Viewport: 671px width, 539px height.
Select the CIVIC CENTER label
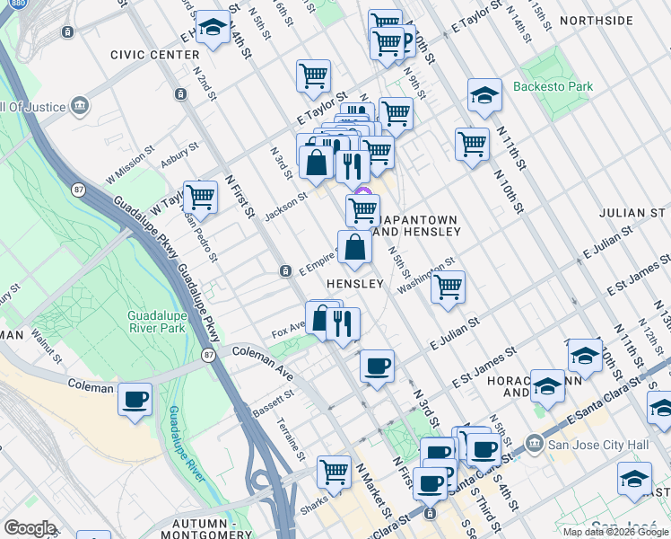click(x=148, y=54)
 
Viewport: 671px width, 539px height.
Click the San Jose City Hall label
click(x=591, y=443)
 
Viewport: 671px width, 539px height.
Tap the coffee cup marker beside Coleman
click(x=135, y=400)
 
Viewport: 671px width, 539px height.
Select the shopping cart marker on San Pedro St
click(x=201, y=197)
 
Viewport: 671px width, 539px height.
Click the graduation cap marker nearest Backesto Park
click(x=484, y=96)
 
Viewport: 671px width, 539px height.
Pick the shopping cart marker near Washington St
click(x=448, y=287)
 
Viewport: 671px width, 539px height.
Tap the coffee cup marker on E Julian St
click(x=377, y=366)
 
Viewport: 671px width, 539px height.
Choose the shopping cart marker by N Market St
click(x=335, y=471)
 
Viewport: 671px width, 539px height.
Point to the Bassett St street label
click(x=277, y=395)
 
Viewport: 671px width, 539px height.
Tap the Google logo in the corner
click(x=30, y=528)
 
